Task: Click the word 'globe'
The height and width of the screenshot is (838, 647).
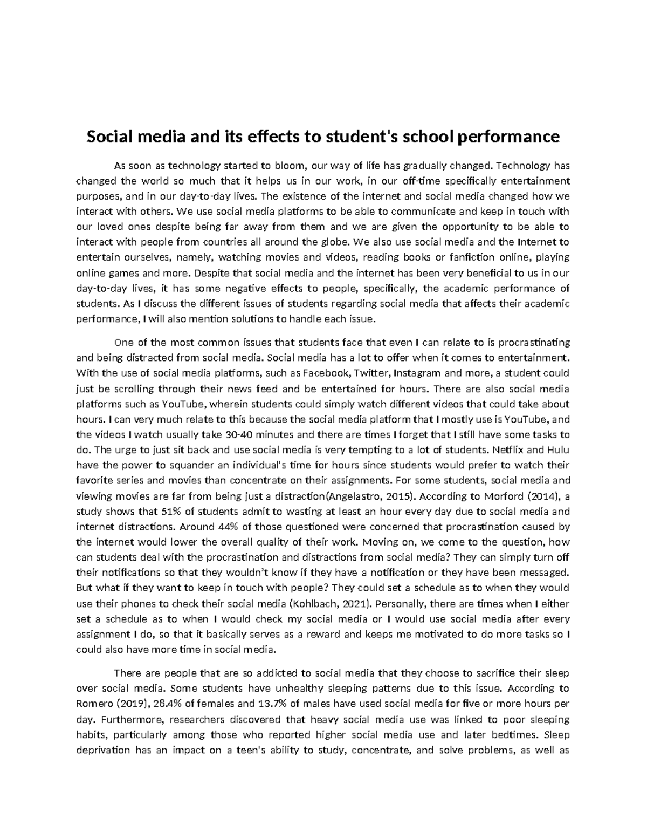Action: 335,242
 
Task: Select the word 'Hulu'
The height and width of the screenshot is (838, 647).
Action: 559,449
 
